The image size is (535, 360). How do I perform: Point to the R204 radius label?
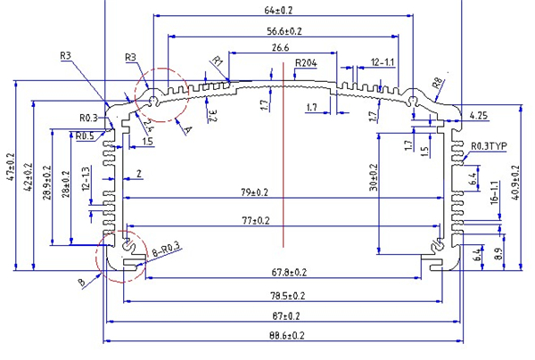coord(308,63)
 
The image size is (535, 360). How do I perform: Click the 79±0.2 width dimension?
coord(281,192)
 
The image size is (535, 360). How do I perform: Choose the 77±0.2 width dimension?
coord(280,219)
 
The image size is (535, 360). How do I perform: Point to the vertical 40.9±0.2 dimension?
coord(516,183)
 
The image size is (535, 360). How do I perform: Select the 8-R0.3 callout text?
coord(166,251)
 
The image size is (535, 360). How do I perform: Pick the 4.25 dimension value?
coord(477,116)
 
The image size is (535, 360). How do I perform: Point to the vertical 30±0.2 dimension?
coord(374,177)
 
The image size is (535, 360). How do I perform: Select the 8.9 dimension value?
coord(498,254)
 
